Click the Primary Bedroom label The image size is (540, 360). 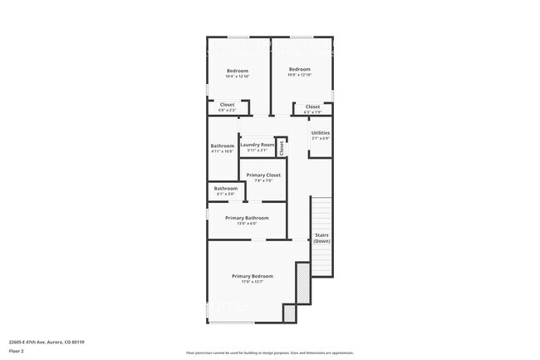pyautogui.click(x=252, y=276)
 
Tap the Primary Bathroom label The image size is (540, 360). pyautogui.click(x=247, y=218)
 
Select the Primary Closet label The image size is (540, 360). pyautogui.click(x=263, y=175)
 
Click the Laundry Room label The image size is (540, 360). pyautogui.click(x=257, y=145)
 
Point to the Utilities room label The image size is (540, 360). pyautogui.click(x=320, y=132)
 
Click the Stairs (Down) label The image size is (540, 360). pyautogui.click(x=322, y=238)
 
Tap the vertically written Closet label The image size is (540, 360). pyautogui.click(x=282, y=147)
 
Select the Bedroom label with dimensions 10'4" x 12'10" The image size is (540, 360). pyautogui.click(x=238, y=71)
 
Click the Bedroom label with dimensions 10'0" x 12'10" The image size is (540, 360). pyautogui.click(x=299, y=69)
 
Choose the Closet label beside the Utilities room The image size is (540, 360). pyautogui.click(x=312, y=106)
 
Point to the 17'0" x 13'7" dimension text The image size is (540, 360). pyautogui.click(x=252, y=282)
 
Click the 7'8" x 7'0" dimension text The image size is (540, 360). pyautogui.click(x=263, y=180)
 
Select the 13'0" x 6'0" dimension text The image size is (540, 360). pyautogui.click(x=247, y=223)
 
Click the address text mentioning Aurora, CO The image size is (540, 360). pyautogui.click(x=47, y=342)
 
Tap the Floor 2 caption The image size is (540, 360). pyautogui.click(x=17, y=351)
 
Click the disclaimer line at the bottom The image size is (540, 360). pyautogui.click(x=269, y=353)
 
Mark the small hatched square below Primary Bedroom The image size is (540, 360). pyautogui.click(x=289, y=313)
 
